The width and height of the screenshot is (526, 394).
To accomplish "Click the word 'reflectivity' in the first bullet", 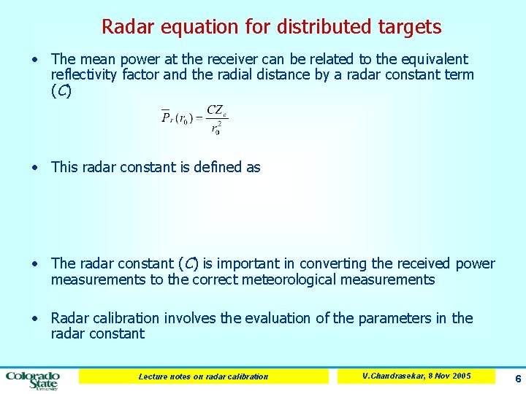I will [x=86, y=74].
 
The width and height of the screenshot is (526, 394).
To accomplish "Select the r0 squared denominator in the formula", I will [x=216, y=128].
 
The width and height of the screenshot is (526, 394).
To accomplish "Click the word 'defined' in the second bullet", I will [x=218, y=167].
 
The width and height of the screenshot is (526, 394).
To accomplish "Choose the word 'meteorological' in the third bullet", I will [x=286, y=279].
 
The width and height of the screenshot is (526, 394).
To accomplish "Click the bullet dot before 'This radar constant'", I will [x=35, y=167].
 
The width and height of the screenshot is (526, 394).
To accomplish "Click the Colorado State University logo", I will [x=33, y=379].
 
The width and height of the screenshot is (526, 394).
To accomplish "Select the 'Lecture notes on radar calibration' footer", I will [x=203, y=376].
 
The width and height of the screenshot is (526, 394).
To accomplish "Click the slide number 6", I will [x=517, y=379].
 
